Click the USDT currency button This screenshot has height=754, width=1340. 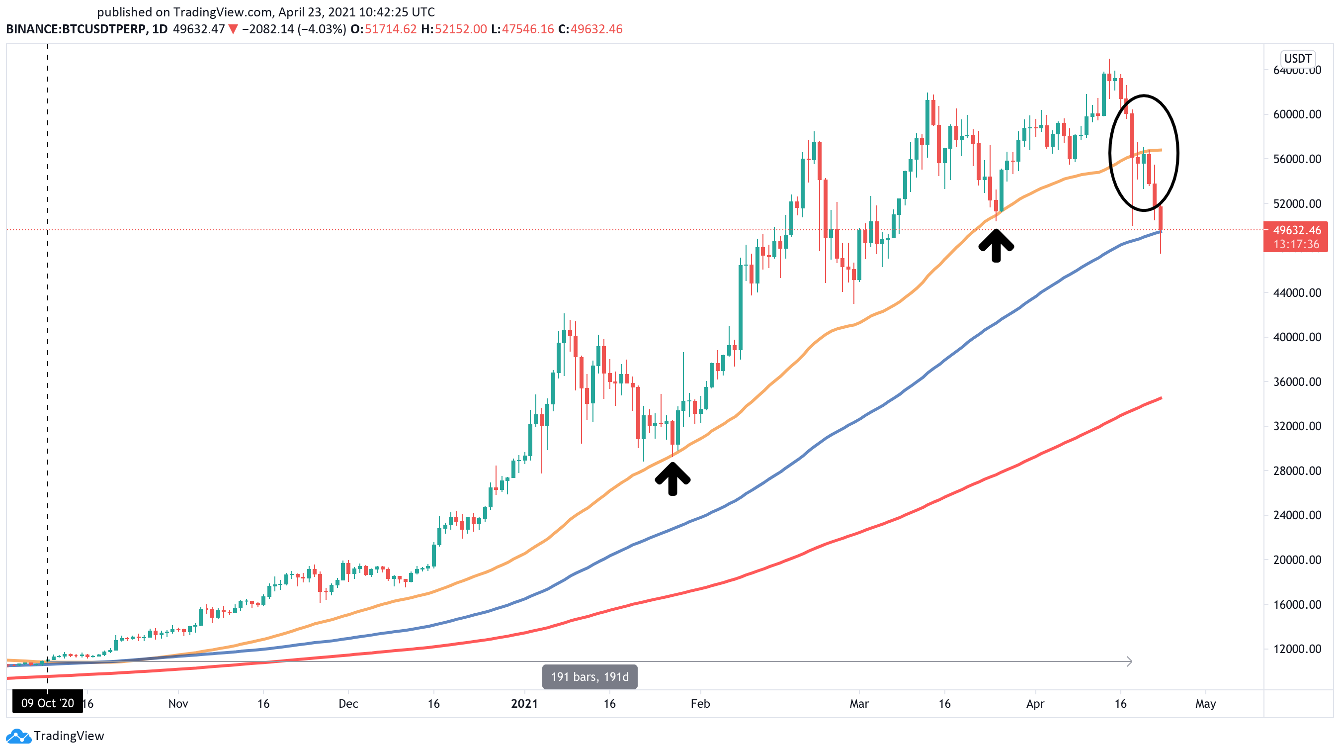click(1297, 58)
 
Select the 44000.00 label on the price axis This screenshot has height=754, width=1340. click(1296, 293)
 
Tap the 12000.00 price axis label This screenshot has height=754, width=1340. click(1296, 649)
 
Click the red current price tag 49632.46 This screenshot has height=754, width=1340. click(1296, 237)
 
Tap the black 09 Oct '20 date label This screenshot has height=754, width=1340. click(47, 703)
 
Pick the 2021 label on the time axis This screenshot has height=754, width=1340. click(524, 704)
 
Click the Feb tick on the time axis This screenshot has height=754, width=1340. click(700, 704)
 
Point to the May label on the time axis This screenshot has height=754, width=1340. click(1205, 704)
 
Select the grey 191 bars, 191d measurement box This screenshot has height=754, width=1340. click(589, 676)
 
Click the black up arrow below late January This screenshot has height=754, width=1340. click(672, 479)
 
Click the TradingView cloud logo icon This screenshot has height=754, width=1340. click(18, 736)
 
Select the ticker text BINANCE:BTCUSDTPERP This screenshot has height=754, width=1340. click(76, 29)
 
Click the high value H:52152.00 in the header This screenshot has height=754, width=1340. click(454, 29)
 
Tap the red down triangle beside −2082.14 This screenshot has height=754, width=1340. click(233, 30)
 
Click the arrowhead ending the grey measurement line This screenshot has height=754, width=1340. click(1129, 661)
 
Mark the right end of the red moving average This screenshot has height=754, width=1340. click(1161, 398)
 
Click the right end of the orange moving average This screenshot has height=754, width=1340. click(1161, 150)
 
